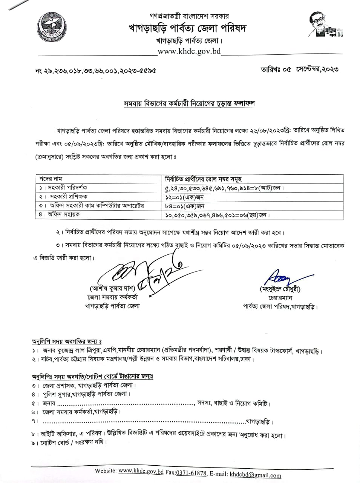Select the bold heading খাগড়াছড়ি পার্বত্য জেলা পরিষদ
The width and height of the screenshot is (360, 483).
pyautogui.click(x=187, y=28)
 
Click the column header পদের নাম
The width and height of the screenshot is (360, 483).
pyautogui.click(x=51, y=179)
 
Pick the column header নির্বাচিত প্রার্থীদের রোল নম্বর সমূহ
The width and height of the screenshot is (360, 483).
pyautogui.click(x=204, y=179)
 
